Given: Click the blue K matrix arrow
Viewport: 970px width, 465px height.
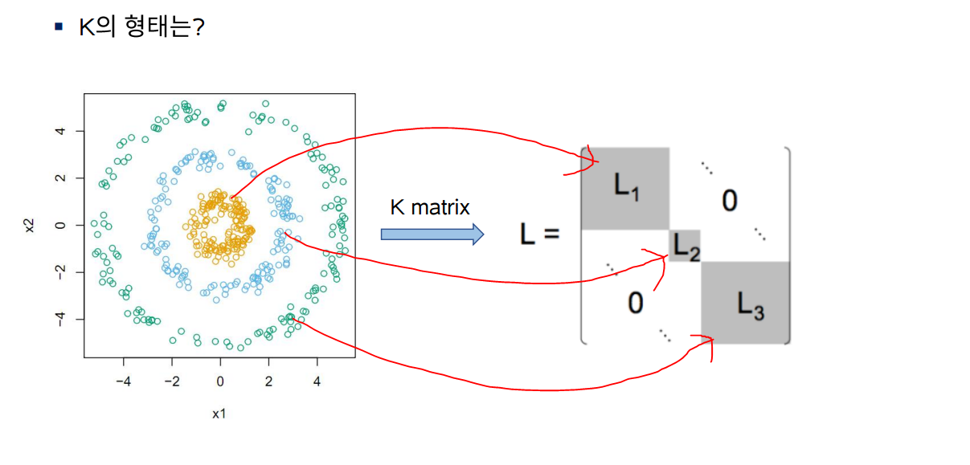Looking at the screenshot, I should coord(432,234).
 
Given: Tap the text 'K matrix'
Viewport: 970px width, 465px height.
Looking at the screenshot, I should coord(430,207).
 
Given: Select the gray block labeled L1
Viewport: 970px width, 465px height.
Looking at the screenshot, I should coord(625,187).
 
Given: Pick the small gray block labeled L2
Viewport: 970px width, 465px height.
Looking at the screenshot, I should coord(686,246).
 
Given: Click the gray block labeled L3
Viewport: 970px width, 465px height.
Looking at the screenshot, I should coord(745,303).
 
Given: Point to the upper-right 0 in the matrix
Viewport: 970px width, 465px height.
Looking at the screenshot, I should coord(729,200).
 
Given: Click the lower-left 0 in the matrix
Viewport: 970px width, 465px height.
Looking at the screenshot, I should coord(635,304).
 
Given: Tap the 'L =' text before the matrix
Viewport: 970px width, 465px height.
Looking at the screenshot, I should coord(538,235).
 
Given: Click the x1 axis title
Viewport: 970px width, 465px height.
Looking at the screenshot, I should coord(219,414).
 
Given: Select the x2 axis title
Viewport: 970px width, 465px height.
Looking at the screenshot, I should coord(31,225).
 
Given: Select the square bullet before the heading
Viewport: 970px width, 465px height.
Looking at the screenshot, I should coord(58,27).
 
